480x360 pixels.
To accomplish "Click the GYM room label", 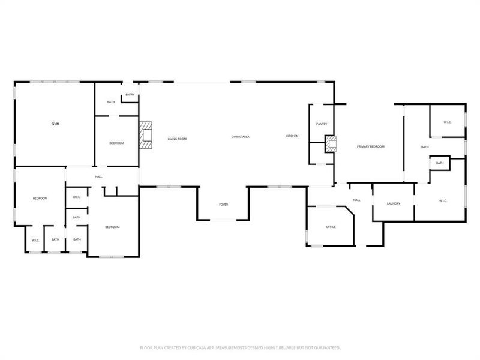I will pos(55,124).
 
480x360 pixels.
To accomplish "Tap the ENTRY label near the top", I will pos(130,95).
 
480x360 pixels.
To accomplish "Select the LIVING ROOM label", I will pos(177,139).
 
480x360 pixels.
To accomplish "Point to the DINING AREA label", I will pos(241,137).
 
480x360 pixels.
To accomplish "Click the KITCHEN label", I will pos(292,136).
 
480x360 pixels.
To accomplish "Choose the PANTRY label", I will pos(321,124).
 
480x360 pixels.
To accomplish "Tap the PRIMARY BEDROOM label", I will pos(370,146).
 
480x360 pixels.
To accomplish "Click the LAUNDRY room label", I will pos(394,203).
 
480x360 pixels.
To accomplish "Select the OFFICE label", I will pos(331,227).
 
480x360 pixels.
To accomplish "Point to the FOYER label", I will pos(223,205).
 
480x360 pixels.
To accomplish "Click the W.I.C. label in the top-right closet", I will pos(448,122).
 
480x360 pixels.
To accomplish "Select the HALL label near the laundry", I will pos(356,200).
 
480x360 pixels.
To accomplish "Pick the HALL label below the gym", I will pos(98,176).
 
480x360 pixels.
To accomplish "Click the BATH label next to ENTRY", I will pos(111,102).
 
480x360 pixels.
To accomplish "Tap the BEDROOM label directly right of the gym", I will pos(116,143).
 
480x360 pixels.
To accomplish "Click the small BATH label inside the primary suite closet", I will pos(440,163).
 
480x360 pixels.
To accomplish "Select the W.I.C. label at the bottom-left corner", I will pos(35,240).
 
